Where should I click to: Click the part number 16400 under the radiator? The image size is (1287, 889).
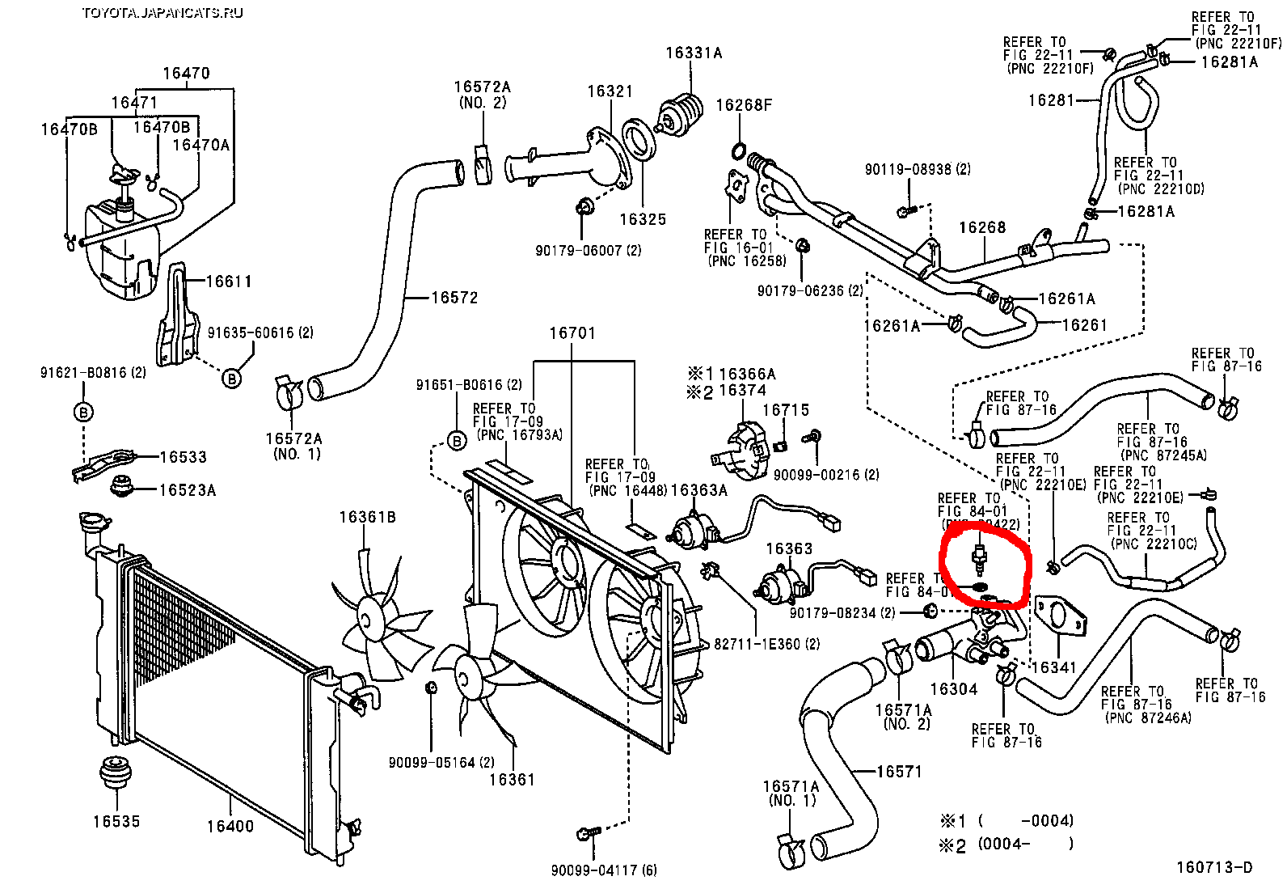[x=230, y=826]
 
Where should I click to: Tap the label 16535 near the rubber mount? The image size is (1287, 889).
[x=116, y=822]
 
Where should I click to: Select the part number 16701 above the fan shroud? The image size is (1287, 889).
[x=572, y=333]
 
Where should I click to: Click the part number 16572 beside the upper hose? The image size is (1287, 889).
[x=454, y=298]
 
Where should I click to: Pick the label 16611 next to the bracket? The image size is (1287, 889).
[x=229, y=282]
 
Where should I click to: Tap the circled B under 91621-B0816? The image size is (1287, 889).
[x=83, y=413]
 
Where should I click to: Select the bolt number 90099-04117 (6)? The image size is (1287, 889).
[x=604, y=870]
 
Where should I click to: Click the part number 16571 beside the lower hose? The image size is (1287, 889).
[x=899, y=772]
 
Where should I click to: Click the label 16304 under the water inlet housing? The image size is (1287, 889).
[x=953, y=689]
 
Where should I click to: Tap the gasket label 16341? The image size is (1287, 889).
[x=1054, y=667]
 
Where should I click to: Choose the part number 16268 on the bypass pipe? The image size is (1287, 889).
[x=982, y=228]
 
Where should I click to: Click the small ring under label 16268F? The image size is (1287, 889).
[x=739, y=150]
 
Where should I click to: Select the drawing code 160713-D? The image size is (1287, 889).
[x=1213, y=868]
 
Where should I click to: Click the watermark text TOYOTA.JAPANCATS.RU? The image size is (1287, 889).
[x=162, y=12]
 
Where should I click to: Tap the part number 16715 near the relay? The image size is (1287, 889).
[x=785, y=410]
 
